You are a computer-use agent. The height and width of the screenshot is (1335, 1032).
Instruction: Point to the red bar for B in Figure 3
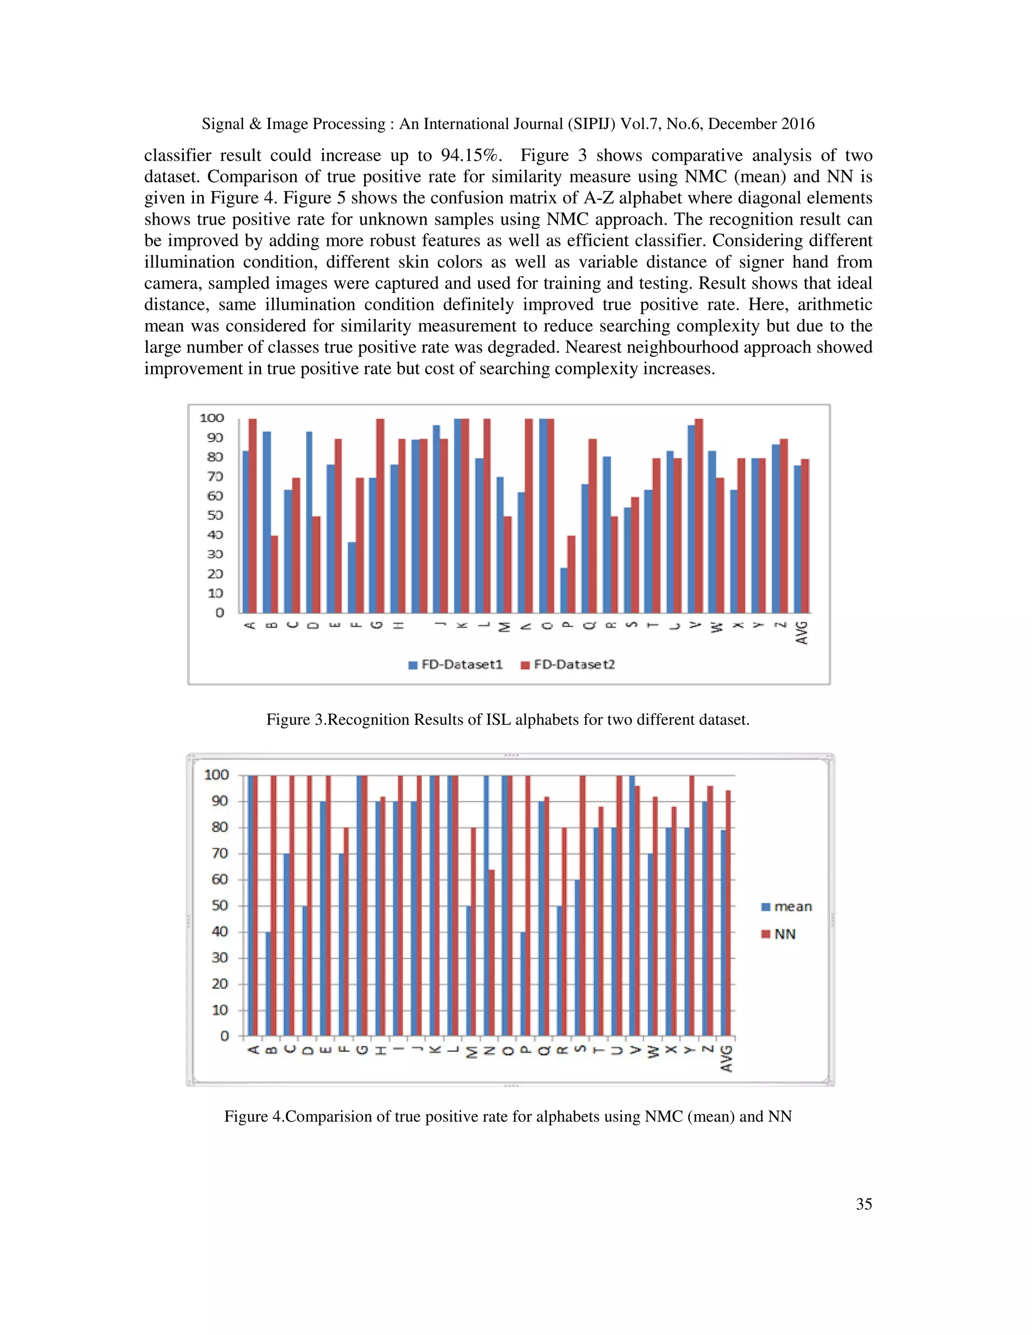pos(275,575)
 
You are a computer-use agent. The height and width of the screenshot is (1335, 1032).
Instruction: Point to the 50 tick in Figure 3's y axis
pos(215,515)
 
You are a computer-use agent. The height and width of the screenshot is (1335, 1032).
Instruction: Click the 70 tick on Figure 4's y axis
pos(220,853)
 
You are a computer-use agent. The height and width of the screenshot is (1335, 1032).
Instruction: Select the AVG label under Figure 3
pos(802,633)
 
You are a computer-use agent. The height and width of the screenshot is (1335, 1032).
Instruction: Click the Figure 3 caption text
pos(507,719)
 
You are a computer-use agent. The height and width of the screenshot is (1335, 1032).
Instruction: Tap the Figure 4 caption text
pos(507,1117)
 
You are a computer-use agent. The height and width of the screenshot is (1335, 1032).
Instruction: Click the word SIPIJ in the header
pos(591,124)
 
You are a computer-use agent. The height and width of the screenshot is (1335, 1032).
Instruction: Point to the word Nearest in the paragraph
pos(593,347)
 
